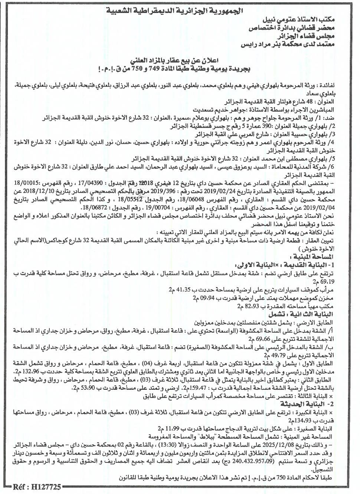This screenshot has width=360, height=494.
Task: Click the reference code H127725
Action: [36, 486]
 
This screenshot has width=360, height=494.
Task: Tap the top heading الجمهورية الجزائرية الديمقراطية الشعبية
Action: [180, 11]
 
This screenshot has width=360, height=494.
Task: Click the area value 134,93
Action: [300, 420]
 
